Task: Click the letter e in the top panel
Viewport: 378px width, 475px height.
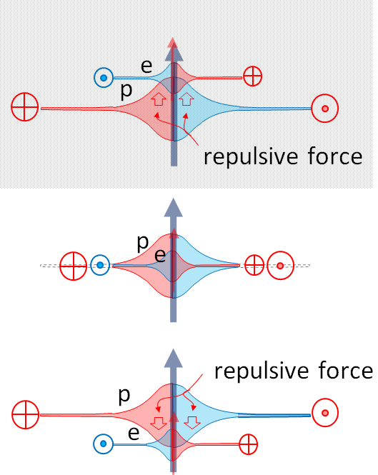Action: pyautogui.click(x=146, y=67)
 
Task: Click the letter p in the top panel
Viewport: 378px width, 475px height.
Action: pyautogui.click(x=126, y=91)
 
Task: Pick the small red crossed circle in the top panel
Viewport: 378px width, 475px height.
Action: pyautogui.click(x=252, y=76)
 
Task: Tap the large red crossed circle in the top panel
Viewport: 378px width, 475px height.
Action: pyautogui.click(x=25, y=107)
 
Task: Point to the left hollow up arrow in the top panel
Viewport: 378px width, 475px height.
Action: pyautogui.click(x=159, y=99)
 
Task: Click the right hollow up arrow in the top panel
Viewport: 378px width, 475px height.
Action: pyautogui.click(x=186, y=99)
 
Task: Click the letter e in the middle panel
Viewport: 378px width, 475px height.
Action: pyautogui.click(x=160, y=256)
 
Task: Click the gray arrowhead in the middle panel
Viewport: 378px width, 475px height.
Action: pyautogui.click(x=174, y=208)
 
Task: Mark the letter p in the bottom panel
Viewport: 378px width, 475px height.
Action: pyautogui.click(x=124, y=396)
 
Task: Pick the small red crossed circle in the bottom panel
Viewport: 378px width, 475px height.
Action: pyautogui.click(x=248, y=444)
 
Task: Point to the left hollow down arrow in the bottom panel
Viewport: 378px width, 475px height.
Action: pyautogui.click(x=159, y=423)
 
